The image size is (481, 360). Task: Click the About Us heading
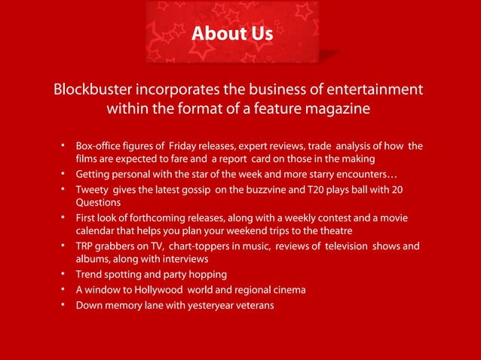point(232,34)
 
